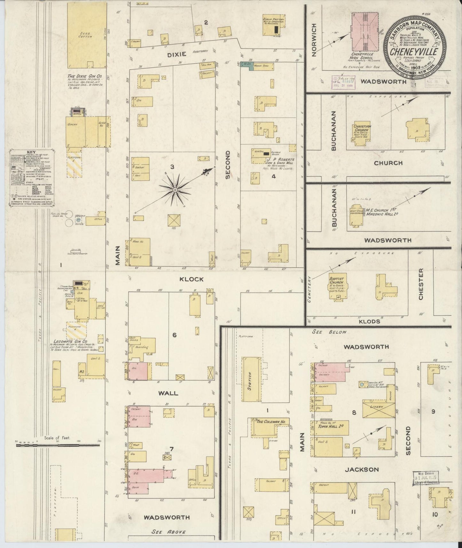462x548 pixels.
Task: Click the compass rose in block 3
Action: click(x=175, y=190)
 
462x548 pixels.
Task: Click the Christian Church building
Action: click(x=362, y=134)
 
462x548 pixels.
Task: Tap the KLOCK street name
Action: click(x=191, y=279)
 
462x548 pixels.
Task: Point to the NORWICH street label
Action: click(x=314, y=40)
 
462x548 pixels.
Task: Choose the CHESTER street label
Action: click(x=421, y=288)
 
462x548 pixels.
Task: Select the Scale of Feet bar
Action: click(x=58, y=444)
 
